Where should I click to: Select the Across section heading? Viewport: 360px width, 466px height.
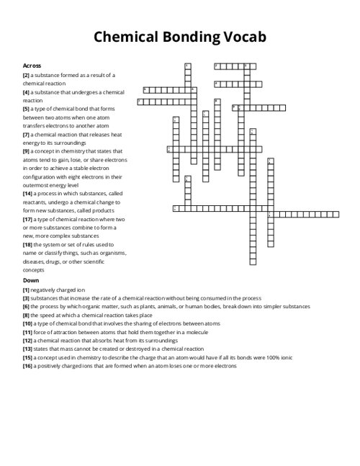32,66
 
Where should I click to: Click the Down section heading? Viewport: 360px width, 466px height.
31,279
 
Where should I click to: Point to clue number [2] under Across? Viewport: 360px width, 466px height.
26,75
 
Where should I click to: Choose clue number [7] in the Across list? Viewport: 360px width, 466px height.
26,134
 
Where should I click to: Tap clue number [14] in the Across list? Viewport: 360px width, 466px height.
27,193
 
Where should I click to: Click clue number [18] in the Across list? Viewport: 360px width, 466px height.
27,244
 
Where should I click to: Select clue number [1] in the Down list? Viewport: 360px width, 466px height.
26,289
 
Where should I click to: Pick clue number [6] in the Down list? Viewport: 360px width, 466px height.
26,306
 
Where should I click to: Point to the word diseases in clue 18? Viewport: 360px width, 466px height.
35,261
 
